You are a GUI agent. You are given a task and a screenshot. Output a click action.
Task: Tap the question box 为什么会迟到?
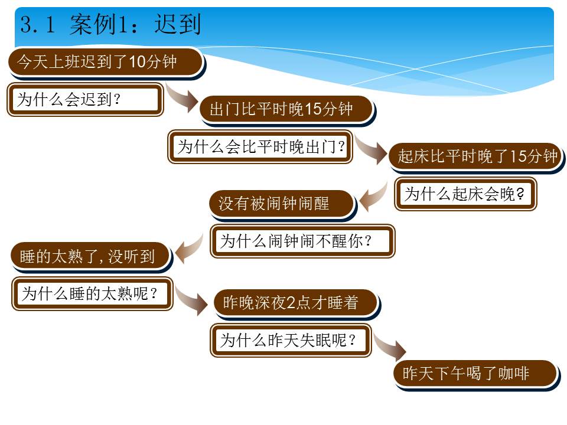(85, 99)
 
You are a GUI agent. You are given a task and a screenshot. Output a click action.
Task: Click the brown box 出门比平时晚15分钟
(287, 110)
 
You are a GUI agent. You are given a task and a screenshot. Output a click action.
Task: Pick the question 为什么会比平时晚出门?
(260, 147)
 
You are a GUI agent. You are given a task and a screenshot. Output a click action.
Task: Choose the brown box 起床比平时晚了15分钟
(476, 157)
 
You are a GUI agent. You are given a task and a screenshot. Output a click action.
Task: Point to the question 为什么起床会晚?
(465, 194)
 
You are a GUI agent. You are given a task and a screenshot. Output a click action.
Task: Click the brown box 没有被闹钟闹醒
(282, 204)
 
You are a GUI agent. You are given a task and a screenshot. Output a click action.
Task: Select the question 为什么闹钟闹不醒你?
(302, 241)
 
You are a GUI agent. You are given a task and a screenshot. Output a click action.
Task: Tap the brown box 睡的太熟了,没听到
(91, 257)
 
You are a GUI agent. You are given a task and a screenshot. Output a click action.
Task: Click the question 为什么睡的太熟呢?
(92, 293)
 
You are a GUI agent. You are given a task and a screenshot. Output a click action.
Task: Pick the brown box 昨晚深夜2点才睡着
(296, 303)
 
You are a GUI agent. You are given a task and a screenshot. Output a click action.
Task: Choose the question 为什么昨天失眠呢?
(291, 341)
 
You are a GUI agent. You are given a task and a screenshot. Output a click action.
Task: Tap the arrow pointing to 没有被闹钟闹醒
(373, 197)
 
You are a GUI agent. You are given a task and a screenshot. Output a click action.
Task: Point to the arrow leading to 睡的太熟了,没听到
(189, 249)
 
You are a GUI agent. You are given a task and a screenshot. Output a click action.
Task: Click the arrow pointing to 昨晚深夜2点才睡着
(191, 300)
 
